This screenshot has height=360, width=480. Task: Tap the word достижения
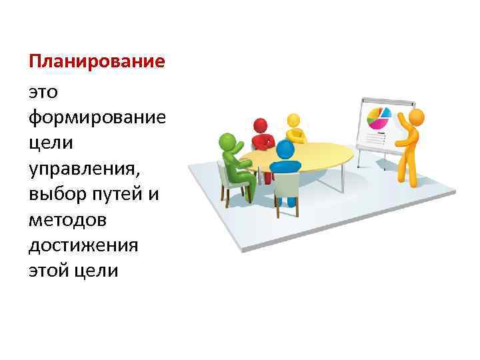coord(83,246)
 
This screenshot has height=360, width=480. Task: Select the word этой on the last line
coord(50,272)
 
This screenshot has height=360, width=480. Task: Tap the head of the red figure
coord(261,125)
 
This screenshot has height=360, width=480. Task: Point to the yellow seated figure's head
coord(293,121)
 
